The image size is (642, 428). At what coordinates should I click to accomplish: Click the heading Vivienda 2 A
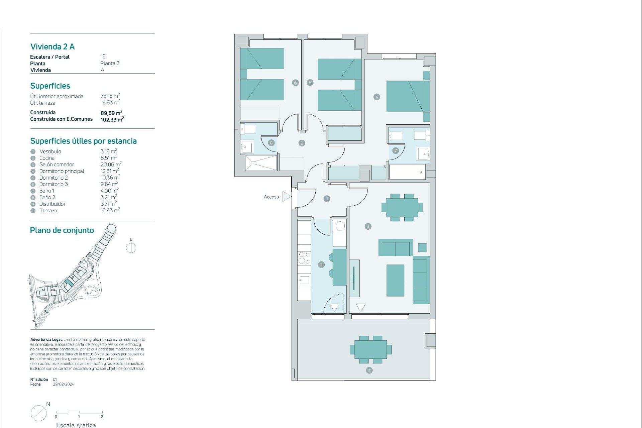[x=52, y=46]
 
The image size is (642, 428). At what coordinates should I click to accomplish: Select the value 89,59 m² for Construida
[x=111, y=113]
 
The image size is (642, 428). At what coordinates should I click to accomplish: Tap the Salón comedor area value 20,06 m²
[x=111, y=164]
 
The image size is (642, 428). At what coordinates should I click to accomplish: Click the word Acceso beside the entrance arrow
[x=271, y=197]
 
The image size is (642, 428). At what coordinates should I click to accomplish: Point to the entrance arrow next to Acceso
[x=287, y=197]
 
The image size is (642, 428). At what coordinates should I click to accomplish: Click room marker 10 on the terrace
[x=369, y=370]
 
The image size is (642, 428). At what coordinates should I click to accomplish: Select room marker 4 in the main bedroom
[x=377, y=97]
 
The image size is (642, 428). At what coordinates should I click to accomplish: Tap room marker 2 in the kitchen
[x=321, y=265]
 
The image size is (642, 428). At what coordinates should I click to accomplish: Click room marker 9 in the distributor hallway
[x=302, y=143]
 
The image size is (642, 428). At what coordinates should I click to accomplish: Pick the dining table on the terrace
[x=370, y=349]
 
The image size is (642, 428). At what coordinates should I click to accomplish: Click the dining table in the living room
[x=402, y=208]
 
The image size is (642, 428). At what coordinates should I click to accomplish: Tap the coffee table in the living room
[x=395, y=280]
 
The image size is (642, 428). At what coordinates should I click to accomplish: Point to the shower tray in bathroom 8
[x=261, y=163]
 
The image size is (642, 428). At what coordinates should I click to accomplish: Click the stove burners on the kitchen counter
[x=304, y=258]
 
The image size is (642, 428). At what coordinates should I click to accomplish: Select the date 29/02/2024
[x=64, y=384]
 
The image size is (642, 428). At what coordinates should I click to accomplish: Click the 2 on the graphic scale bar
[x=102, y=417]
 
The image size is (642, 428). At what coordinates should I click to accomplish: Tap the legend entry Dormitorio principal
[x=62, y=171]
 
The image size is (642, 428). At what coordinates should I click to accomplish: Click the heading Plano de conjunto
[x=62, y=230]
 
